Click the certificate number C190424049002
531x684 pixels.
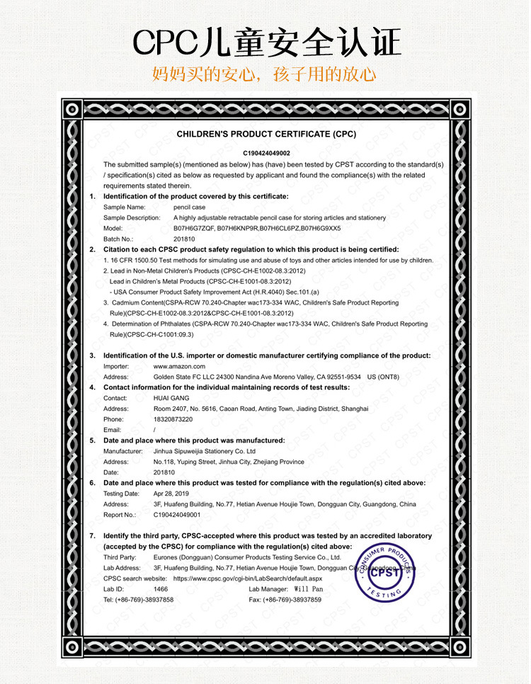point(265,152)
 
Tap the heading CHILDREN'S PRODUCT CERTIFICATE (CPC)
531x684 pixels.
point(265,134)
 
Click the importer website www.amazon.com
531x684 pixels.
point(179,366)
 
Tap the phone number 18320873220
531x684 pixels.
point(173,419)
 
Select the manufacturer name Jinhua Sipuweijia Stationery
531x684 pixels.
point(204,451)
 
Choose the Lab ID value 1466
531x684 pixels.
point(161,589)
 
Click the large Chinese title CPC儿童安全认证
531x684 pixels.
point(267,42)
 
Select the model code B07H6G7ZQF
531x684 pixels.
point(193,228)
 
